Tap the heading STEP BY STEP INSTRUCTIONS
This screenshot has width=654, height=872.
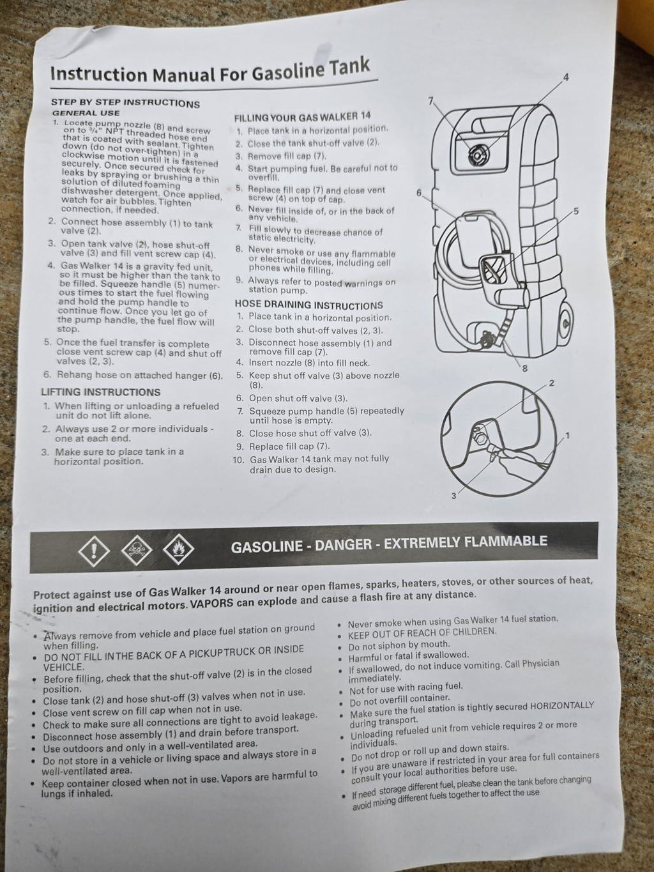125,103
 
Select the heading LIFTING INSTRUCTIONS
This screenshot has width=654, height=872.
101,392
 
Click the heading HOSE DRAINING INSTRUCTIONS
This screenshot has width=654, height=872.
309,305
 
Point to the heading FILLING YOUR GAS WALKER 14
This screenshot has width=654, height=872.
302,117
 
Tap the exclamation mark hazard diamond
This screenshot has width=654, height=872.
94,551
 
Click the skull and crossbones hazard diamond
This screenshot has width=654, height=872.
137,550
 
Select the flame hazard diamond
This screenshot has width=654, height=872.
178,548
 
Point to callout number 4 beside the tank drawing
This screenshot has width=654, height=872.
566,77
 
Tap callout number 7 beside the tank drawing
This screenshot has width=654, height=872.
430,102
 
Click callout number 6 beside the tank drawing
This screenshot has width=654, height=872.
418,193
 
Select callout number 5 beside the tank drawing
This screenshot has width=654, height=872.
576,211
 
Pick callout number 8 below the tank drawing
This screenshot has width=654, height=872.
524,369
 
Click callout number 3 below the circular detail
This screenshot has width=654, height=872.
454,496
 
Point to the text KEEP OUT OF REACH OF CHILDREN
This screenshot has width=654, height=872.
422,632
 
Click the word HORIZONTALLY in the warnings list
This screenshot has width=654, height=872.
562,706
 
